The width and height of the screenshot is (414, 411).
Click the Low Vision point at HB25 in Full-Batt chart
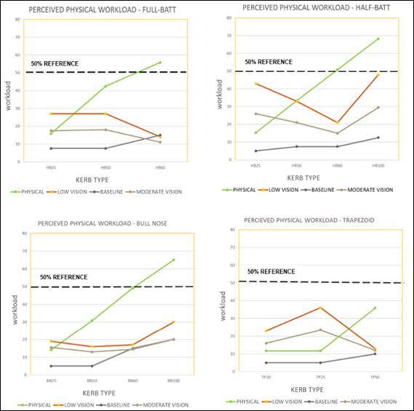(50, 113)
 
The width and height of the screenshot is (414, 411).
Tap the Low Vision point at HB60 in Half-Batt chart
(338, 122)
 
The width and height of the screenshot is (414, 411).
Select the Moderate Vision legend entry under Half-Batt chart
(366, 190)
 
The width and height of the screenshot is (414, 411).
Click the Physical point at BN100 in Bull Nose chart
(173, 260)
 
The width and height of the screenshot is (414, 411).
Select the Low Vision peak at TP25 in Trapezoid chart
(321, 307)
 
